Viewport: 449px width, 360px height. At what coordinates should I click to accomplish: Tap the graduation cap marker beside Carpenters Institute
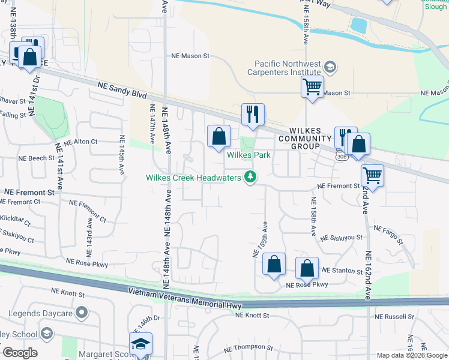(x=330, y=66)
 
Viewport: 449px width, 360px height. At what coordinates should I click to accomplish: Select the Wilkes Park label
(x=249, y=155)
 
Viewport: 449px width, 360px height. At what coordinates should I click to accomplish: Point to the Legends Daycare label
(x=40, y=313)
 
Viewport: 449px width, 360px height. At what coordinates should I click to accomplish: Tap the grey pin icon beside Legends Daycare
(x=82, y=313)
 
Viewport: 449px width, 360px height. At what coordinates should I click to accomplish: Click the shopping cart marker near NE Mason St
(x=312, y=86)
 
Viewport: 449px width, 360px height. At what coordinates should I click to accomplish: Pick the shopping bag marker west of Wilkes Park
(x=219, y=136)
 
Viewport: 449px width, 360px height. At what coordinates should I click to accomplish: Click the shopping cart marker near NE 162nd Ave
(x=373, y=176)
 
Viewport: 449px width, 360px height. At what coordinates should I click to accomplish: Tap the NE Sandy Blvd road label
(x=122, y=94)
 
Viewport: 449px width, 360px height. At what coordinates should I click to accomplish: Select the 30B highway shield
(x=341, y=157)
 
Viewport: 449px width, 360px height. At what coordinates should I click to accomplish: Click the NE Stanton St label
(x=343, y=271)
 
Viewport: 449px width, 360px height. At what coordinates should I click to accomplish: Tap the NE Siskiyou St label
(x=342, y=238)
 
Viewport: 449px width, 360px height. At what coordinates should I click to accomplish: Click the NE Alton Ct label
(x=80, y=142)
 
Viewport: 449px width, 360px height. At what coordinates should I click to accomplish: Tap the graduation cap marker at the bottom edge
(x=140, y=344)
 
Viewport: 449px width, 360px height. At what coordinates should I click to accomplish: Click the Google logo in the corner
(x=20, y=353)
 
